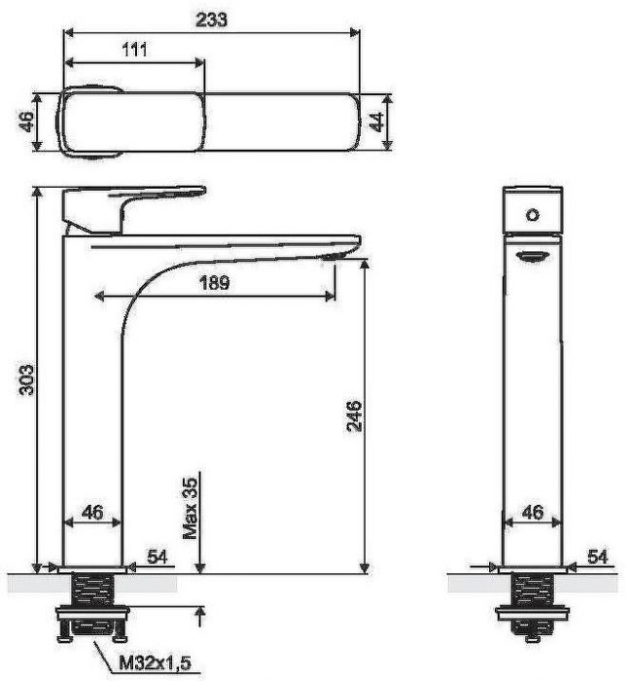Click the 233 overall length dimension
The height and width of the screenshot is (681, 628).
point(211,19)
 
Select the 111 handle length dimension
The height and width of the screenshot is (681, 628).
point(134,50)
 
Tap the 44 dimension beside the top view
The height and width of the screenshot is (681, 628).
point(377,122)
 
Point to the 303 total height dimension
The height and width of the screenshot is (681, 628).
point(26,379)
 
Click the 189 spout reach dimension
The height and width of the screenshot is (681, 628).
point(215,283)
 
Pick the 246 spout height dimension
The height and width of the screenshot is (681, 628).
point(354,415)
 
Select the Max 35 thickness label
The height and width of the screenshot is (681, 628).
point(191,508)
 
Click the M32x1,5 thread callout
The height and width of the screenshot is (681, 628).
point(155,663)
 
